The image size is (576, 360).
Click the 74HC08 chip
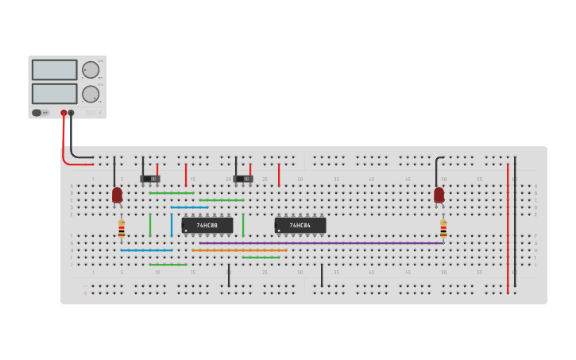point(207,226)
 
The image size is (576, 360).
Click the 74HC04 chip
point(300,226)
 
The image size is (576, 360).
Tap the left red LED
point(118,194)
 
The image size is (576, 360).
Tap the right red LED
point(439,194)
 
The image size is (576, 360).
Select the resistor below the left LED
point(121,229)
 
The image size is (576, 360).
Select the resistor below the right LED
point(443,229)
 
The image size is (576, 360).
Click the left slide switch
point(150,178)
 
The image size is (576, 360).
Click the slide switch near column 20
point(243,178)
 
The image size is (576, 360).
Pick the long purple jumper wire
point(318,243)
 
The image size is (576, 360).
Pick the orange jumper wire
point(238,250)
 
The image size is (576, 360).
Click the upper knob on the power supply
point(91,69)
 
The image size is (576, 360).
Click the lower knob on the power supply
point(91,94)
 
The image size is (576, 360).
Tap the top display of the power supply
point(55,69)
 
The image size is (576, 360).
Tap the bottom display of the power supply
point(55,93)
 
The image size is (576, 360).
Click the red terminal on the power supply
point(64,113)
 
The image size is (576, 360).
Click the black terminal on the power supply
point(72,113)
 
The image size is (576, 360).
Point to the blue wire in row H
point(146,250)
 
